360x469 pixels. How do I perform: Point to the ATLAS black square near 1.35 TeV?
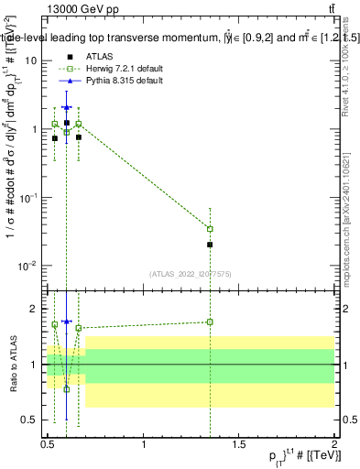pyautogui.click(x=211, y=245)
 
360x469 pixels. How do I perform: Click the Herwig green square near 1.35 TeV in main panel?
pyautogui.click(x=211, y=229)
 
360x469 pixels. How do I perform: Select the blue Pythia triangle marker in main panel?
pyautogui.click(x=66, y=107)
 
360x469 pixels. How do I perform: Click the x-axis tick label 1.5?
pyautogui.click(x=239, y=443)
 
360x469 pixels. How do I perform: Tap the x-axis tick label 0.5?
pyautogui.click(x=48, y=443)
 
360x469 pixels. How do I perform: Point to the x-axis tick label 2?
pyautogui.click(x=334, y=443)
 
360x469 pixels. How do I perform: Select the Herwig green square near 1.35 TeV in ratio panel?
pyautogui.click(x=211, y=322)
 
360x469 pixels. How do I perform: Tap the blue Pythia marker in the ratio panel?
pyautogui.click(x=66, y=322)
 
